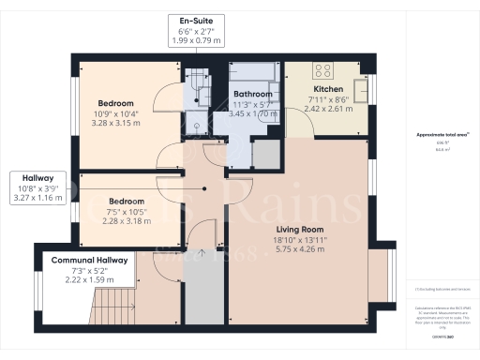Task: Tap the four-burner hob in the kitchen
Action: click(324, 69)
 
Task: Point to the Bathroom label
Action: click(252, 95)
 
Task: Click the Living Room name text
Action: click(300, 229)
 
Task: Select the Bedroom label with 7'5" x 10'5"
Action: click(125, 202)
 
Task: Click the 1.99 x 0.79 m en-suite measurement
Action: click(197, 42)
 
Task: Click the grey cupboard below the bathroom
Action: click(265, 157)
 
